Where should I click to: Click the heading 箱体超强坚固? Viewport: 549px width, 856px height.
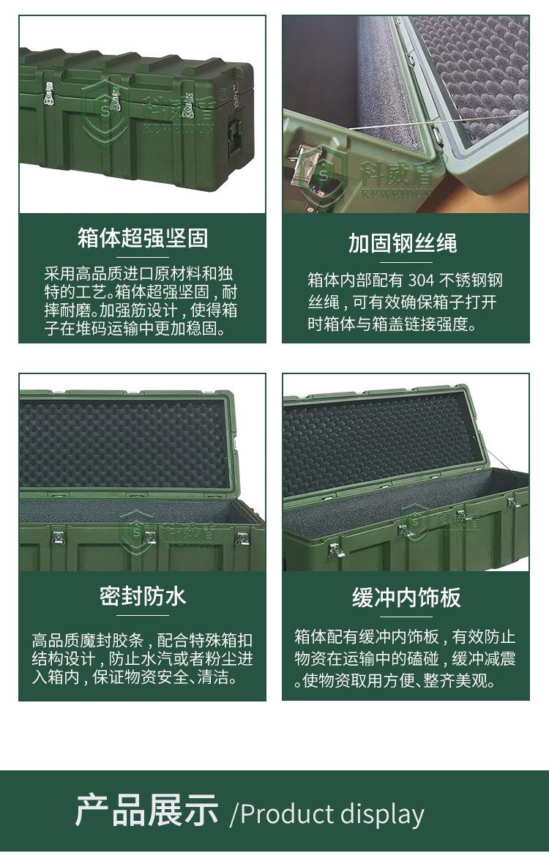point(143,238)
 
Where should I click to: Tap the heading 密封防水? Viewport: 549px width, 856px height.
point(143,596)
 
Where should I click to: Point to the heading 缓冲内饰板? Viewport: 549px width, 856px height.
point(406,598)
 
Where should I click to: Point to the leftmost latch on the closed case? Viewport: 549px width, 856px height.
point(49,96)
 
